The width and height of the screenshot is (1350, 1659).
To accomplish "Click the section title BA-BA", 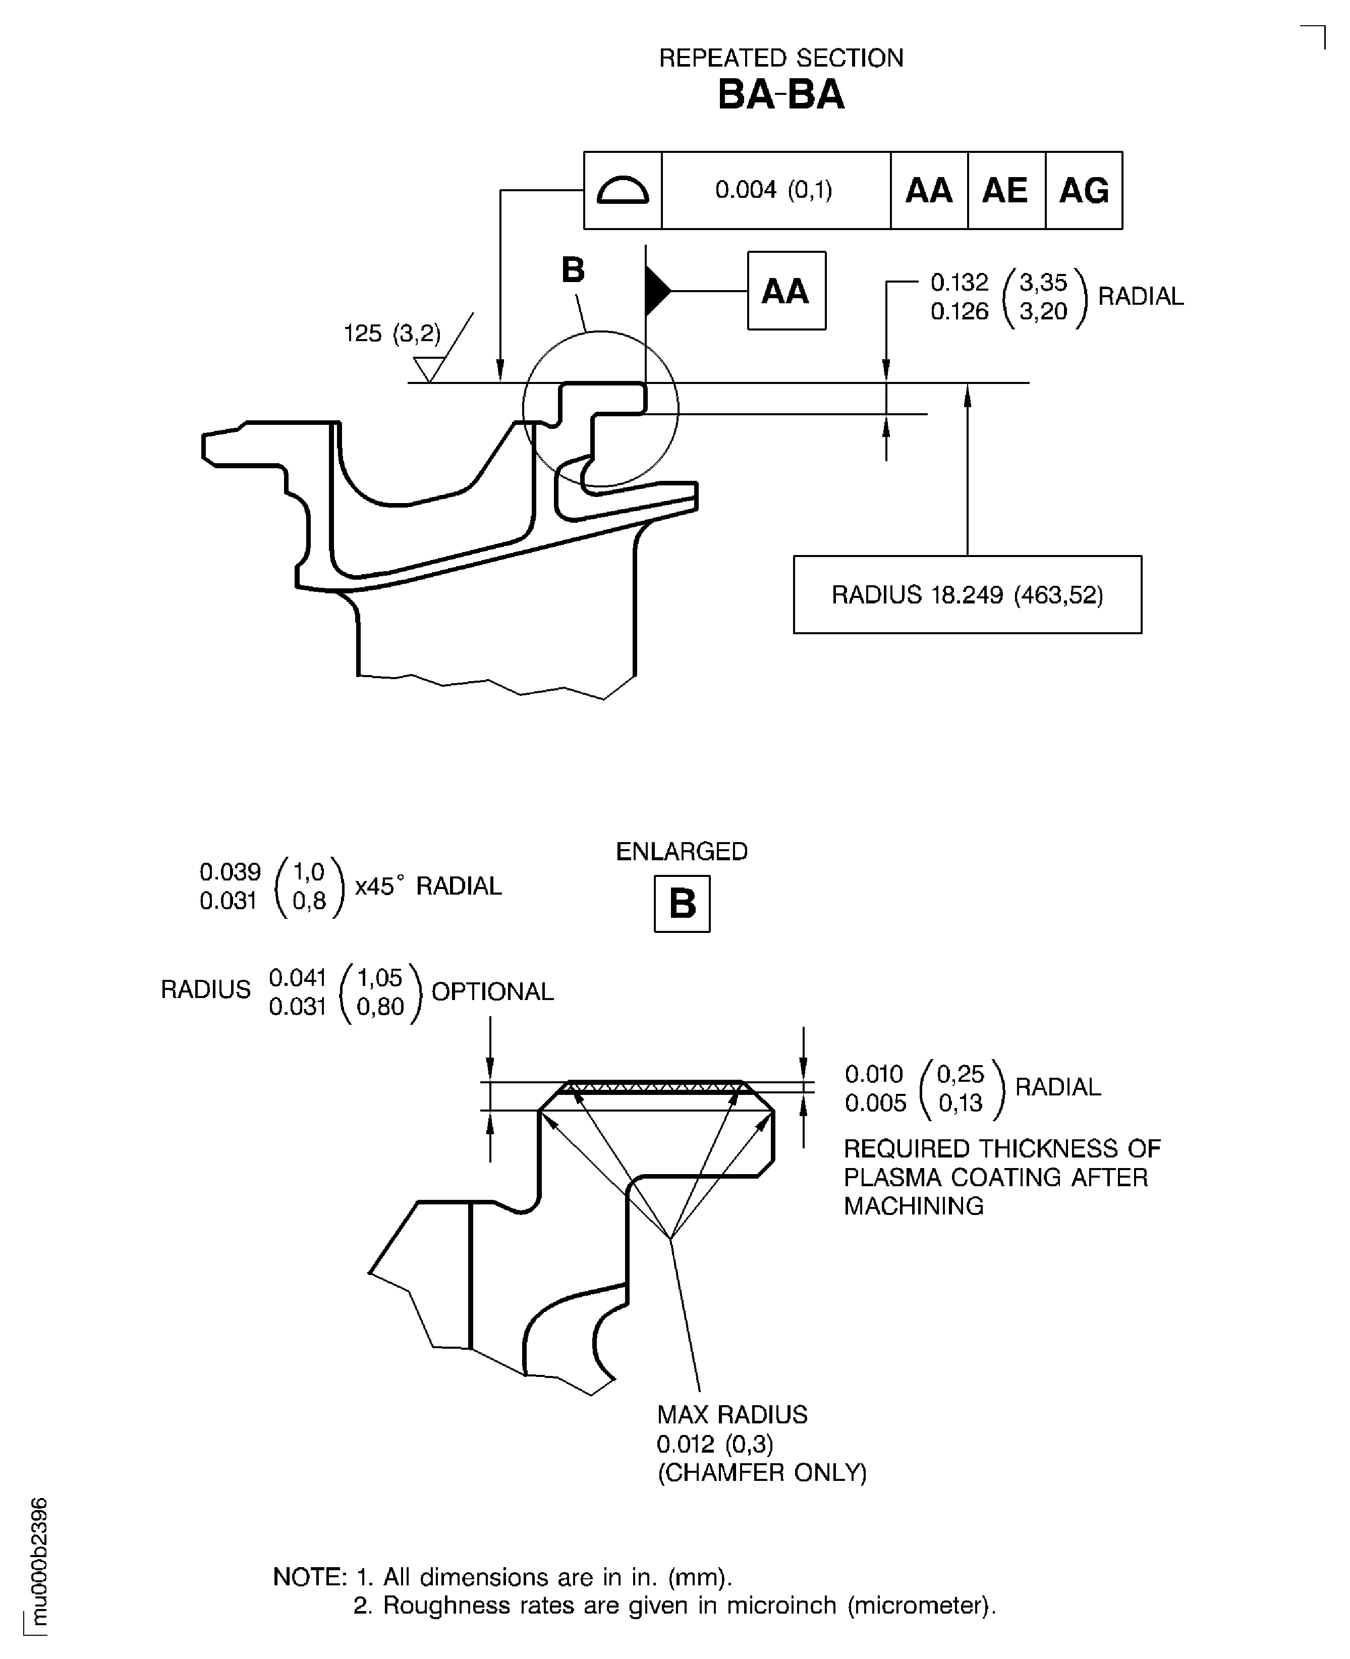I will pyautogui.click(x=781, y=95).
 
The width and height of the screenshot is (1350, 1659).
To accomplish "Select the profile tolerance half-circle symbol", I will pyautogui.click(x=622, y=191).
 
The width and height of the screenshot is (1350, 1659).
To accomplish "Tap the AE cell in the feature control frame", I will pyautogui.click(x=1005, y=191).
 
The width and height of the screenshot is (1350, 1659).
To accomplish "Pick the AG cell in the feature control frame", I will pyautogui.click(x=1083, y=191).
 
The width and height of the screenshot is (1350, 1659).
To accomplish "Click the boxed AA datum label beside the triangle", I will pyautogui.click(x=785, y=291).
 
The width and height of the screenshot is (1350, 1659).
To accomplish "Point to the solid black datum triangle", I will pyautogui.click(x=656, y=291).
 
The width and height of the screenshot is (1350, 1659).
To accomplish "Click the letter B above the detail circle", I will pyautogui.click(x=573, y=270).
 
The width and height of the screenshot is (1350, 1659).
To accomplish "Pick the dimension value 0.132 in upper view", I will pyautogui.click(x=959, y=282).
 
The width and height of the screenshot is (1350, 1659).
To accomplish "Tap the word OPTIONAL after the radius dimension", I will pyautogui.click(x=492, y=991).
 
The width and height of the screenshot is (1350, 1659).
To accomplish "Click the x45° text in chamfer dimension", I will pyautogui.click(x=379, y=886).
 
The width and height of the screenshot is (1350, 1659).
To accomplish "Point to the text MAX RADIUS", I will pyautogui.click(x=732, y=1414).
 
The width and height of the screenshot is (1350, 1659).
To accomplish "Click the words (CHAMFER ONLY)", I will pyautogui.click(x=761, y=1472).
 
